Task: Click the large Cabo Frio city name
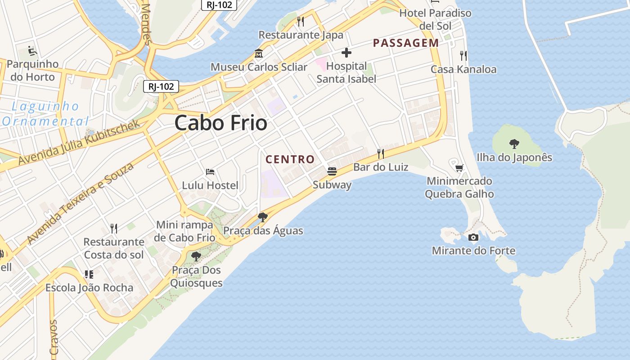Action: coord(221,123)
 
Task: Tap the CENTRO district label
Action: coord(290,159)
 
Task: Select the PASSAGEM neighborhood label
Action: coord(406,43)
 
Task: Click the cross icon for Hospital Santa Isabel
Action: coord(346,53)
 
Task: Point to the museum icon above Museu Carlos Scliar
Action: coord(259,54)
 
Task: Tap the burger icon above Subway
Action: coord(332,171)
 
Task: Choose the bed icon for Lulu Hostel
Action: coord(210,172)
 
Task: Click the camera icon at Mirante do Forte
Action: coord(473,237)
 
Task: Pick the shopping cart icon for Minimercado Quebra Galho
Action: coord(459,168)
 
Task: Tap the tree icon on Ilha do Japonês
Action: coord(514,144)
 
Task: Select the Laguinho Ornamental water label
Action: coord(45,114)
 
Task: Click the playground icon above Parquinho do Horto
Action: coord(32,51)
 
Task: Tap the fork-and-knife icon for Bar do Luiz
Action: coord(381,154)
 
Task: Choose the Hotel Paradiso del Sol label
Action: coord(435,19)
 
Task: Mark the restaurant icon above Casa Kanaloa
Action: coord(463,56)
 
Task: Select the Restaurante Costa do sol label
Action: coord(114,248)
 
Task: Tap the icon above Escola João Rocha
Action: coord(89,274)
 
